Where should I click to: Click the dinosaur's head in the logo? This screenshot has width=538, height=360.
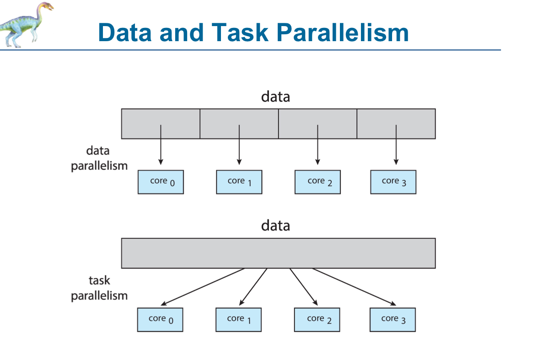[46, 7]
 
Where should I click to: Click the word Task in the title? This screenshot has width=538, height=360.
[240, 32]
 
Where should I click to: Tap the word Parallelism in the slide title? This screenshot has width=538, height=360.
[342, 32]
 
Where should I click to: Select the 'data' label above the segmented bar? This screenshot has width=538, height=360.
[275, 97]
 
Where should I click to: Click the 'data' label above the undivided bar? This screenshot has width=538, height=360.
[275, 226]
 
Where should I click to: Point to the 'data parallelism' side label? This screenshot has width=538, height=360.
[99, 158]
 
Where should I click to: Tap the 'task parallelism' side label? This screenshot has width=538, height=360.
[99, 288]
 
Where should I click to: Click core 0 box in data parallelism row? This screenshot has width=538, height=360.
[161, 182]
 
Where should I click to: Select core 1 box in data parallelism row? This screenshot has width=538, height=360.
[239, 182]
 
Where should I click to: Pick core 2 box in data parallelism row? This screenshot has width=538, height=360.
[317, 182]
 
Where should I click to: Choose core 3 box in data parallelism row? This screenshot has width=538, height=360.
[393, 182]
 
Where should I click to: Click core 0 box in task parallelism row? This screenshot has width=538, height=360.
[160, 319]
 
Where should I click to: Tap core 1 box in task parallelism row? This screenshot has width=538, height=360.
[238, 319]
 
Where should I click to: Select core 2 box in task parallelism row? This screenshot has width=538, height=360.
[317, 319]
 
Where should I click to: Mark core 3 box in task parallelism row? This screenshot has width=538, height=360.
[393, 319]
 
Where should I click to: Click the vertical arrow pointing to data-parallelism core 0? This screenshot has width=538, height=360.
[161, 145]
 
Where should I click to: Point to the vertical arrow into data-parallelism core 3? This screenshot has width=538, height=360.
[396, 145]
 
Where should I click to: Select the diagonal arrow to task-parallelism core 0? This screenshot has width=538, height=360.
[202, 287]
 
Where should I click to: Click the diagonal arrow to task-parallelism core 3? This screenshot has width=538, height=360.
[354, 287]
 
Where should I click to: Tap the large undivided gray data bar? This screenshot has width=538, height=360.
[278, 253]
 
